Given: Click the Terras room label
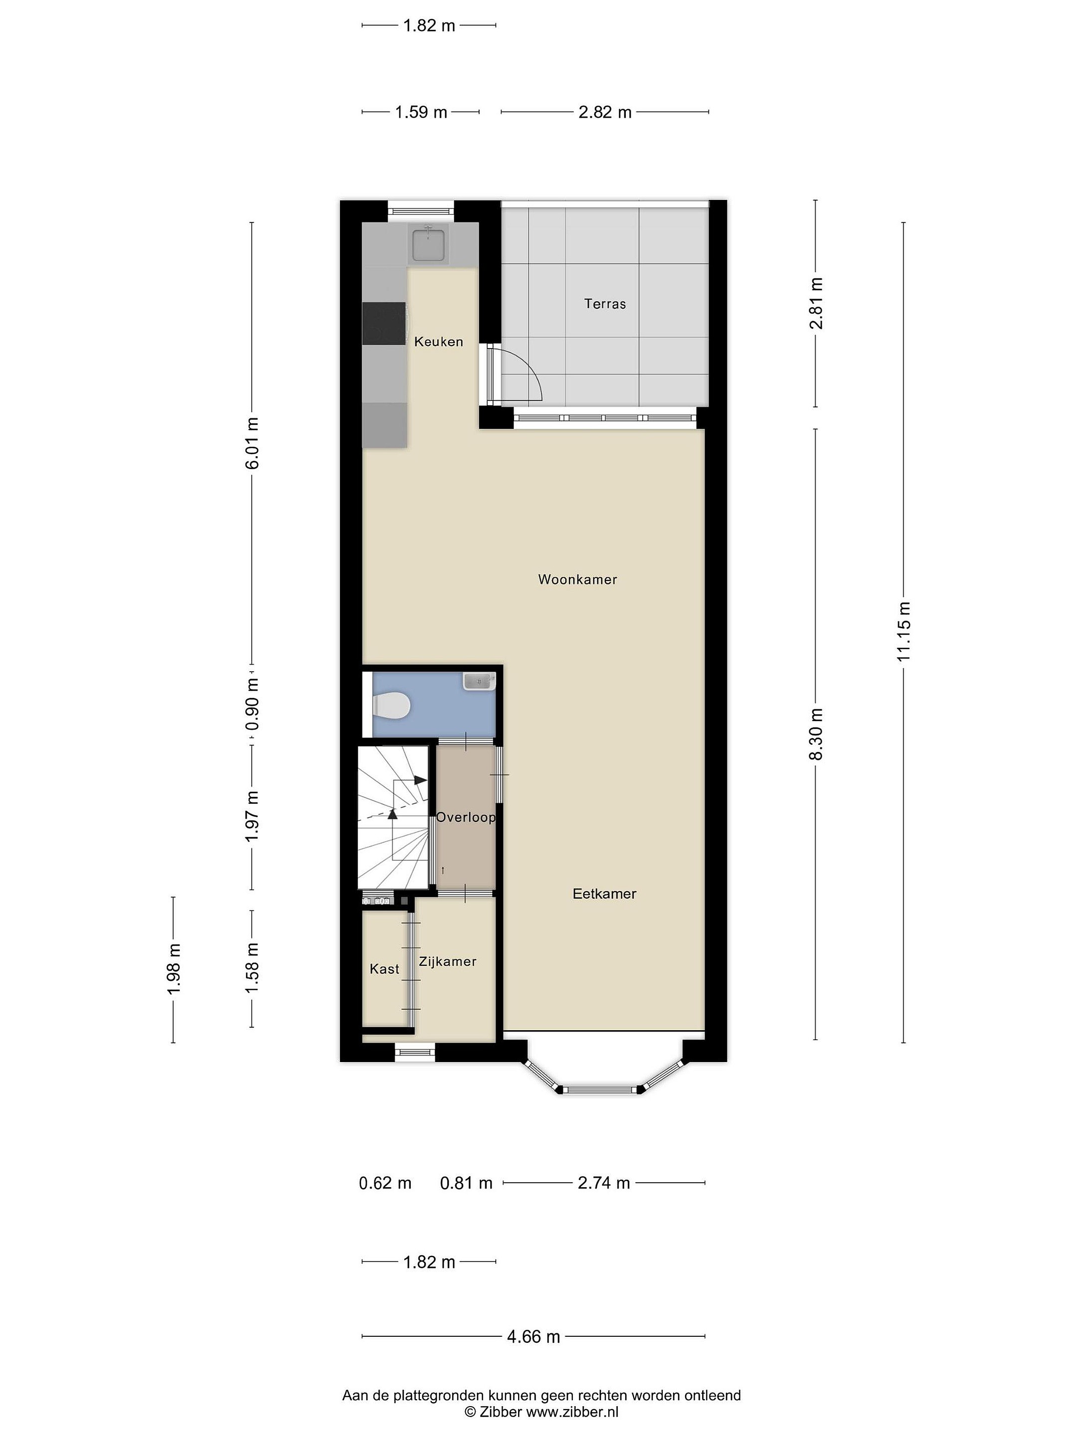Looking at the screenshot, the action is point(604,303).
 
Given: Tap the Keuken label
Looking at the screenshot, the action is point(438,342).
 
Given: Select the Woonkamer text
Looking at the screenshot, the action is point(577,579).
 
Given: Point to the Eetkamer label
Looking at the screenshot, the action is point(604,894).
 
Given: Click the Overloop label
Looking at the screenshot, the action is point(466,817).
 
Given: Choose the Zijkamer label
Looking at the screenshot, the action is point(447,961).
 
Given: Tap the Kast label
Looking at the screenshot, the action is point(384,969).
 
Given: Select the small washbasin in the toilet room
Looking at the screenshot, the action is point(479,682).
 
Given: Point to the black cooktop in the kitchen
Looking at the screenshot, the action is point(384,323).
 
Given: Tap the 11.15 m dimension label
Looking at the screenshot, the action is point(903,632).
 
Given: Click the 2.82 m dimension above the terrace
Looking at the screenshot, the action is point(605,112).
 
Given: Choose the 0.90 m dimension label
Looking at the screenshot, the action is point(252,705).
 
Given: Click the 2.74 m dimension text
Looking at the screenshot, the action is point(604,1183).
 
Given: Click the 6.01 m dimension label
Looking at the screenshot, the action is point(252,443).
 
